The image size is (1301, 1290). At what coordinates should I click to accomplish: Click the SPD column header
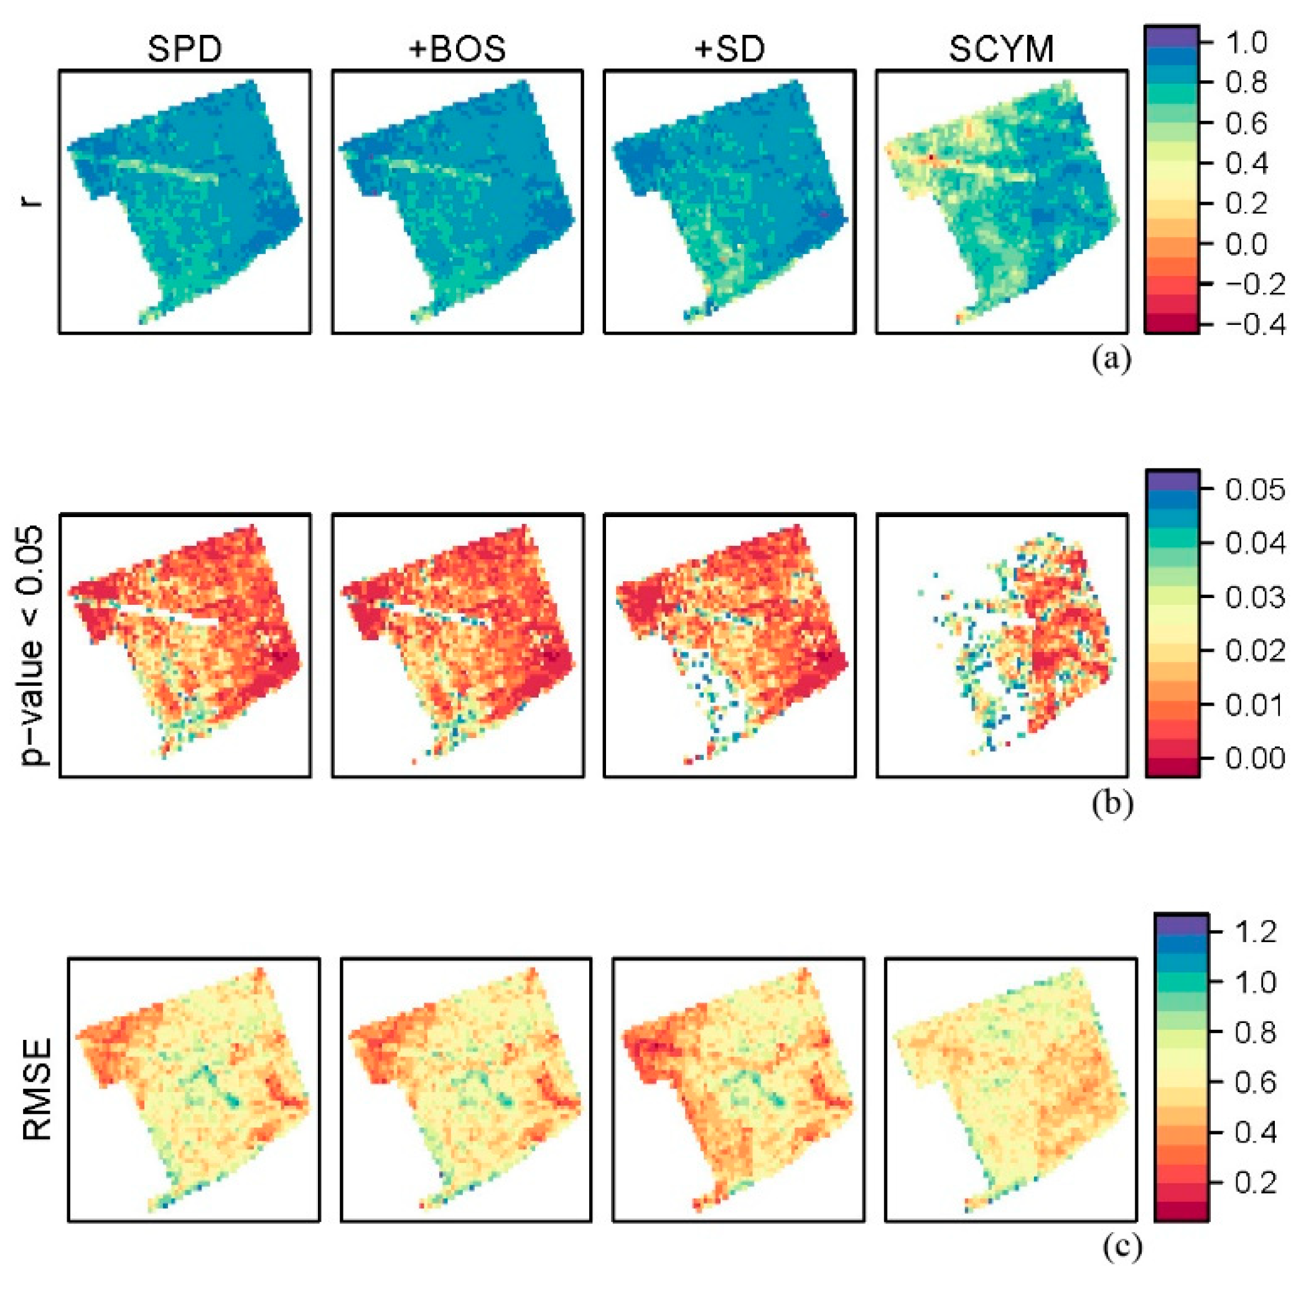click(x=185, y=49)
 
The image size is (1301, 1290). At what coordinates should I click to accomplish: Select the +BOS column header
click(x=457, y=49)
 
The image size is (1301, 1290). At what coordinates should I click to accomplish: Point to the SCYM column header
click(x=1001, y=49)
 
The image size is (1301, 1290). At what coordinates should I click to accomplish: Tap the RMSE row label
click(x=37, y=1089)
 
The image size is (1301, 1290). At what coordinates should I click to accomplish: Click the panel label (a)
click(x=1111, y=358)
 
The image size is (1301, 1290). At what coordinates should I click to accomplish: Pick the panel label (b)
click(x=1111, y=803)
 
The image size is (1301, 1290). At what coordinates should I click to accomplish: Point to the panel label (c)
click(x=1121, y=1246)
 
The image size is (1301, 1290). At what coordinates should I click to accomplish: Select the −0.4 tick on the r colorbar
click(x=1246, y=324)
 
